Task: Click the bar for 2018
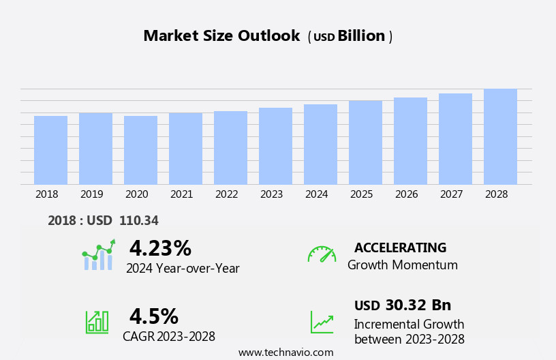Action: pyautogui.click(x=50, y=150)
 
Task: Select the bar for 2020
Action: pyautogui.click(x=140, y=150)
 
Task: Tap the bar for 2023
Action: pyautogui.click(x=275, y=146)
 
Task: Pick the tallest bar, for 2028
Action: pyautogui.click(x=500, y=136)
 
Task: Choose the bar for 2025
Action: pyautogui.click(x=365, y=142)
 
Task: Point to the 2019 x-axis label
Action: pyautogui.click(x=91, y=194)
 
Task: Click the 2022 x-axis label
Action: pyautogui.click(x=226, y=194)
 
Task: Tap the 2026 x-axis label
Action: pyautogui.click(x=406, y=194)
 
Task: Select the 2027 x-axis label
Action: pyautogui.click(x=451, y=194)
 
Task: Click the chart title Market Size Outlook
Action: pyautogui.click(x=221, y=36)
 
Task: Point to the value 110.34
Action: pyautogui.click(x=138, y=221)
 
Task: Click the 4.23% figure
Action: pyautogui.click(x=160, y=248)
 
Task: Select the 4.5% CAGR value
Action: pyautogui.click(x=153, y=316)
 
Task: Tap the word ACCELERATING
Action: pyautogui.click(x=400, y=247)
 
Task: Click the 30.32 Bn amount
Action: pyautogui.click(x=418, y=305)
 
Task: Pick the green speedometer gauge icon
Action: pyautogui.click(x=322, y=254)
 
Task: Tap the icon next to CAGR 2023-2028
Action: pyautogui.click(x=97, y=321)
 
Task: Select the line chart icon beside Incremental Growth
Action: pyautogui.click(x=322, y=322)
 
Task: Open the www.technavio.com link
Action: pyautogui.click(x=285, y=352)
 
